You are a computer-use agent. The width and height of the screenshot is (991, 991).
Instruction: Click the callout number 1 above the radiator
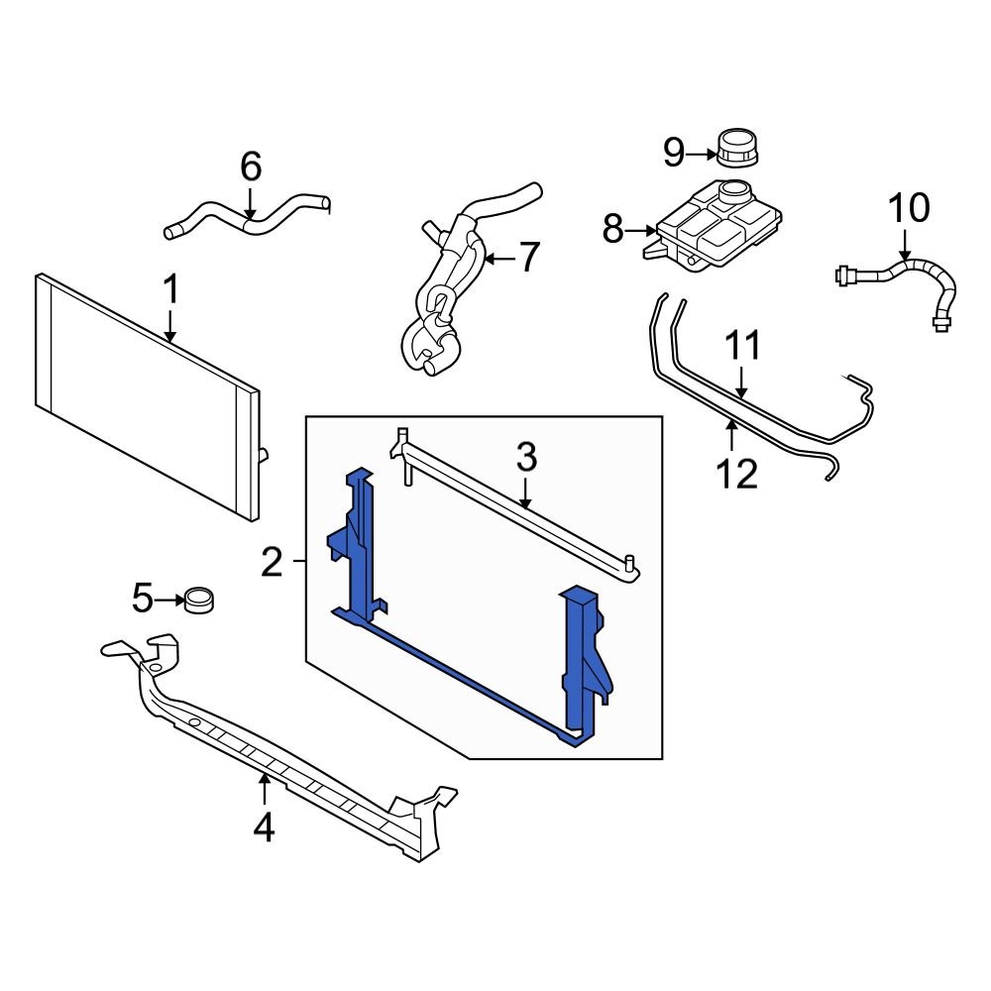coord(170,291)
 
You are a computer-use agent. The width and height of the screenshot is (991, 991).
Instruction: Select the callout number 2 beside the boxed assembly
coord(273,563)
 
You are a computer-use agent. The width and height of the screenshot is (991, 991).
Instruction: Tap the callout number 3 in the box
coord(526,457)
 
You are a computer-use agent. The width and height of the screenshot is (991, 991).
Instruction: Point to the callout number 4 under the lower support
coord(264,826)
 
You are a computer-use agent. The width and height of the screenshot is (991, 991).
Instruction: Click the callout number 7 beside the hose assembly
coord(529,259)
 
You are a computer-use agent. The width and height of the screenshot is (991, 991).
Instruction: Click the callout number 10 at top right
coord(908,208)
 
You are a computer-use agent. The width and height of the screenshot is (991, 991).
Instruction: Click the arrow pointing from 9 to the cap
coord(702,153)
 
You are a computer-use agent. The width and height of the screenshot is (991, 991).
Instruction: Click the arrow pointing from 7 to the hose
coord(499,260)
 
